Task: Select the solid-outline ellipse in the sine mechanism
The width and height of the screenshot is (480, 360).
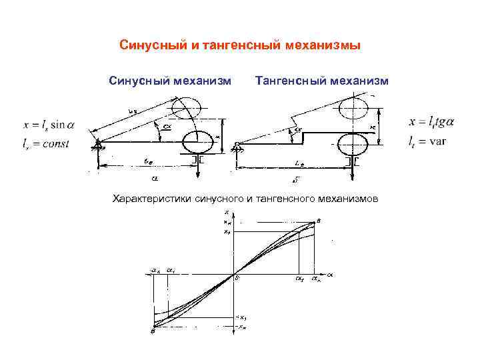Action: (197, 141)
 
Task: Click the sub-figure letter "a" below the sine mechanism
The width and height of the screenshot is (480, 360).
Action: (154, 179)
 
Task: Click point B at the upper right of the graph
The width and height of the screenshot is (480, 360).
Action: (318, 220)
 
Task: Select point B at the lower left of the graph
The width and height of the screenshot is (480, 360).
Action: (153, 331)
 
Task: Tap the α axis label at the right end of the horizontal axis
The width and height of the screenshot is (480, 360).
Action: (330, 273)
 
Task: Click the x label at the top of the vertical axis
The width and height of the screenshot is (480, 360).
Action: (227, 213)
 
